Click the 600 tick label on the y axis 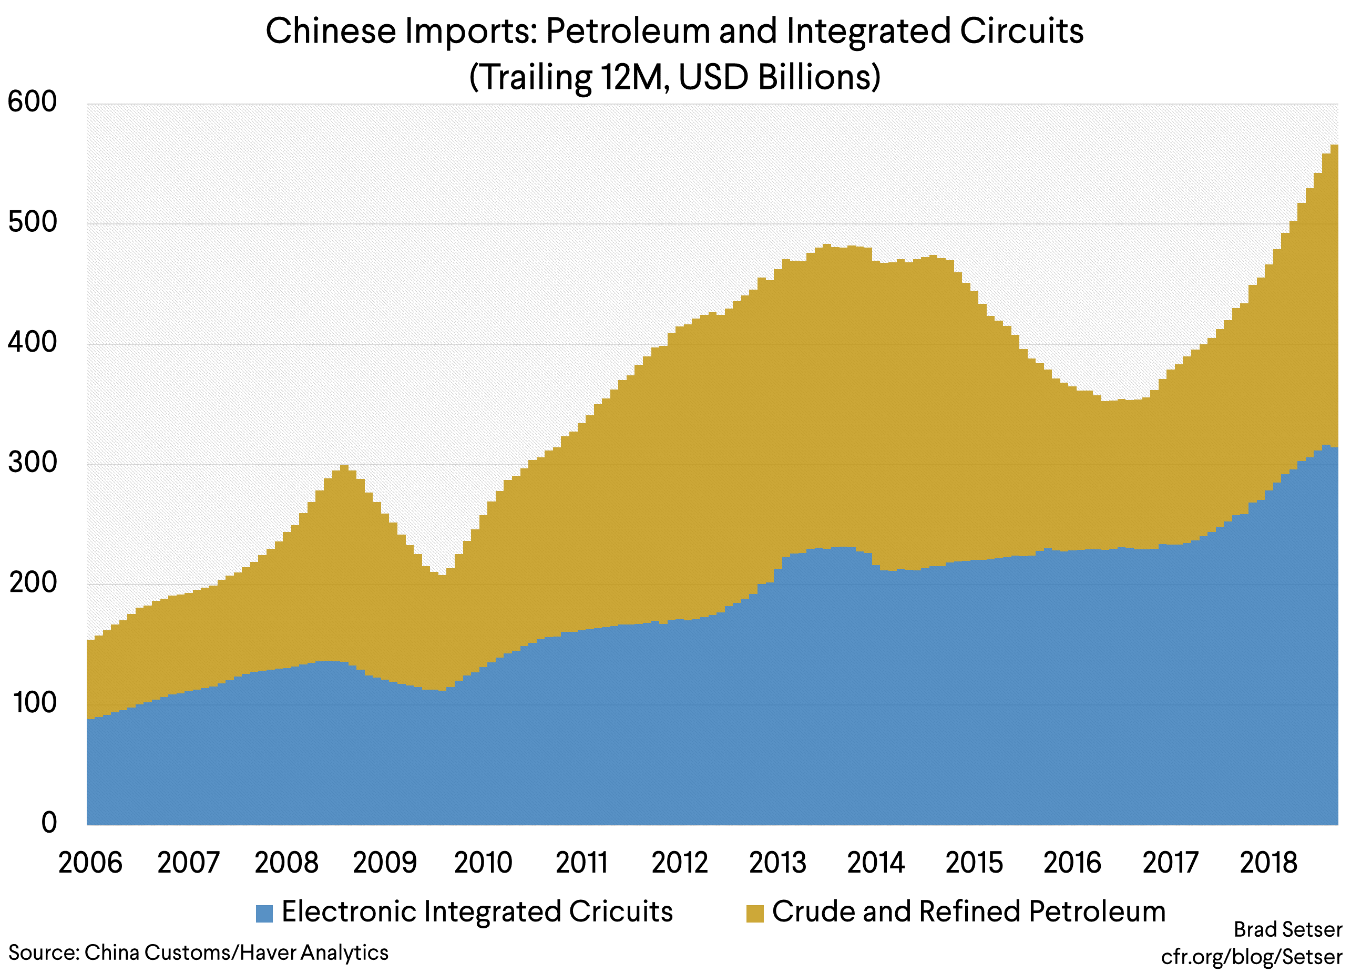(32, 101)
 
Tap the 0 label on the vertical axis (49, 822)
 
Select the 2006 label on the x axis (90, 863)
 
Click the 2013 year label (777, 863)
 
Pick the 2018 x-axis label (1268, 863)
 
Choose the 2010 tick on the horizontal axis (483, 863)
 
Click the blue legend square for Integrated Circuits (264, 914)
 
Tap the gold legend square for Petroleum (755, 914)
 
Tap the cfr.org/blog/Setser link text (1252, 956)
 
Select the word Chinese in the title (331, 31)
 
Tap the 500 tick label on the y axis (32, 222)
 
